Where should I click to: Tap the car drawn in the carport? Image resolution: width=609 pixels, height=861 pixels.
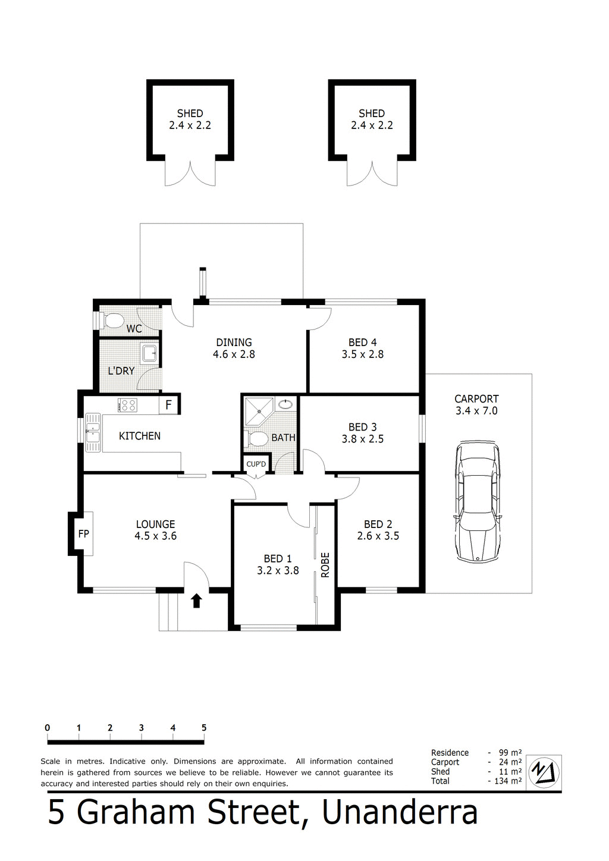click(x=477, y=502)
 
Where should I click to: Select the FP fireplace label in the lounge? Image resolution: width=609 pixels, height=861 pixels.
click(x=83, y=534)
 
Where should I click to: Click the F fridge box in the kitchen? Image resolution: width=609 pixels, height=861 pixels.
click(x=169, y=406)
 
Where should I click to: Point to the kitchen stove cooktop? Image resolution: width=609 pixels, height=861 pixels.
click(x=127, y=406)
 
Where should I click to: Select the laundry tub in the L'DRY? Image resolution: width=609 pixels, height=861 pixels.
click(x=149, y=354)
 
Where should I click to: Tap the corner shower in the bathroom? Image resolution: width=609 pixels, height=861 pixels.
click(x=259, y=410)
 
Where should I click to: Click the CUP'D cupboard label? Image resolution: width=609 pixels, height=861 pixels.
click(x=256, y=464)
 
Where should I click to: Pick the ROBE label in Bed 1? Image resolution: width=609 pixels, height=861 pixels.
click(x=325, y=565)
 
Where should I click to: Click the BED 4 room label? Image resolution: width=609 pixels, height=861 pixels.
click(x=362, y=342)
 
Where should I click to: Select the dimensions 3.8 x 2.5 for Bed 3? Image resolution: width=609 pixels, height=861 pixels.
click(x=362, y=439)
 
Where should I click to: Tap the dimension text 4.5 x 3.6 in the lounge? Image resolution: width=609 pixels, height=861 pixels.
click(x=155, y=536)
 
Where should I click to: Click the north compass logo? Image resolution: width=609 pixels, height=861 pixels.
click(x=545, y=772)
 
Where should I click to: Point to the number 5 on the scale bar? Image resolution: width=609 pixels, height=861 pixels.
click(x=204, y=728)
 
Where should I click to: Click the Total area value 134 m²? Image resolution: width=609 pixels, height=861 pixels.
click(x=507, y=781)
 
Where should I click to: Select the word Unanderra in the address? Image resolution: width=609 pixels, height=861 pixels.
click(x=400, y=813)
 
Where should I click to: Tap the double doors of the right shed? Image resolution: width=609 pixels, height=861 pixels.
click(x=372, y=174)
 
